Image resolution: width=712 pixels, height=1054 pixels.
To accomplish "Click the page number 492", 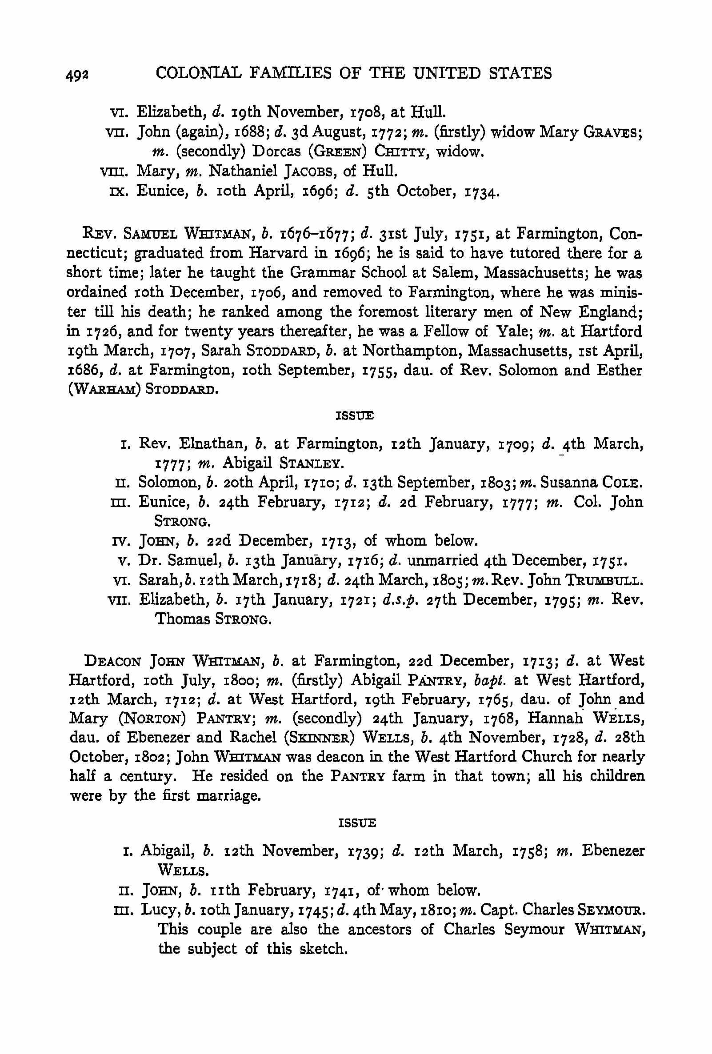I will (77, 75).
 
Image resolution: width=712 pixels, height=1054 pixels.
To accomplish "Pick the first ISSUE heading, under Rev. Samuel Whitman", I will (355, 416).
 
